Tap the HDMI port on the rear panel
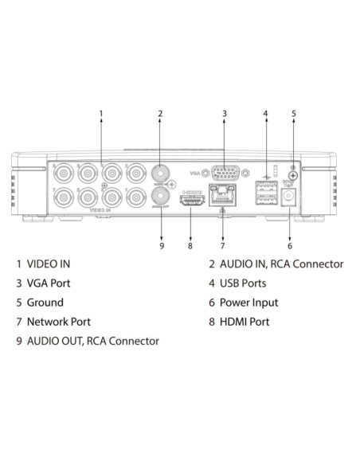click(190, 203)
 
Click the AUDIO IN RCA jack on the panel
click(161, 174)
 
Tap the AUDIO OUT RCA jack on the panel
click(161, 197)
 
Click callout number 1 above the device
click(101, 114)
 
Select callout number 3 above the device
click(225, 114)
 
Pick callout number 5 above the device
click(293, 114)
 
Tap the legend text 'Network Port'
click(59, 322)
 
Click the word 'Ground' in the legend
click(45, 303)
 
